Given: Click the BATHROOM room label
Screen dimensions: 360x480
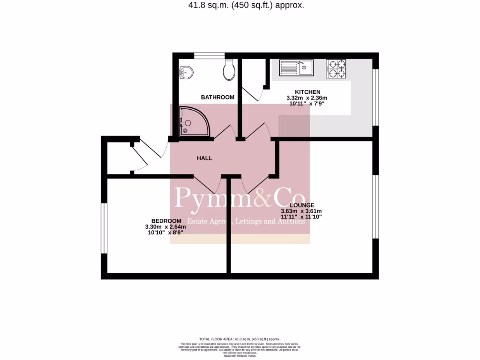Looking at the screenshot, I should click(217, 97).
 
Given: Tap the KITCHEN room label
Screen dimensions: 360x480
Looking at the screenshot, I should click(307, 92).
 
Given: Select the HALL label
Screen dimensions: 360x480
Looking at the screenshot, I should click(204, 158).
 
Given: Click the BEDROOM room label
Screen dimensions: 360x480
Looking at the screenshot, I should click(166, 221).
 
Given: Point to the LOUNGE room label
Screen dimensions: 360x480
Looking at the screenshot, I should click(301, 205).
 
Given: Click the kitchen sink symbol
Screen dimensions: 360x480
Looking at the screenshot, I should click(296, 67).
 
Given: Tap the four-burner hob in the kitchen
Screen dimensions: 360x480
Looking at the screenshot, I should click(336, 68).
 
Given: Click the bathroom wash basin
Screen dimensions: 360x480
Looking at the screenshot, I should click(187, 72).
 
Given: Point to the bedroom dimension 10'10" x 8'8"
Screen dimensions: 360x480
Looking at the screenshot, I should click(165, 233).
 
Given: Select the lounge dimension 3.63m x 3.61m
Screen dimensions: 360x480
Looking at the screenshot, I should click(301, 211).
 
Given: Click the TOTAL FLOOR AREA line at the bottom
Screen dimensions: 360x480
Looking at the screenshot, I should click(240, 339).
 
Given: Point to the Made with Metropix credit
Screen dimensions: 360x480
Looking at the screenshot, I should click(240, 356).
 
